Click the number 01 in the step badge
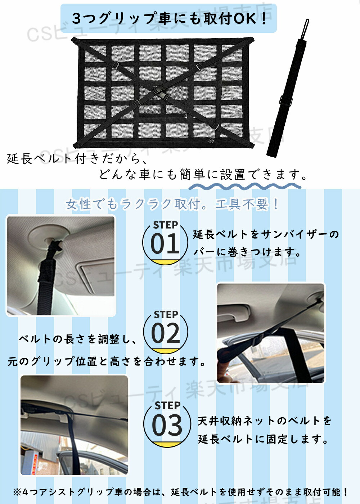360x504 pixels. pyautogui.click(x=165, y=243)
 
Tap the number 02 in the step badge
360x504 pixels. pyautogui.click(x=166, y=333)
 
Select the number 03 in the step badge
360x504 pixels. pyautogui.click(x=167, y=424)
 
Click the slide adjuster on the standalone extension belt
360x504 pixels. pyautogui.click(x=286, y=100)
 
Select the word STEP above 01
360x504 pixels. pyautogui.click(x=165, y=225)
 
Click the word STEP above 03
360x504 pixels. pyautogui.click(x=167, y=406)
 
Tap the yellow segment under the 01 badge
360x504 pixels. pyautogui.click(x=165, y=262)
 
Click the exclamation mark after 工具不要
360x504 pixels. pyautogui.click(x=276, y=204)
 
